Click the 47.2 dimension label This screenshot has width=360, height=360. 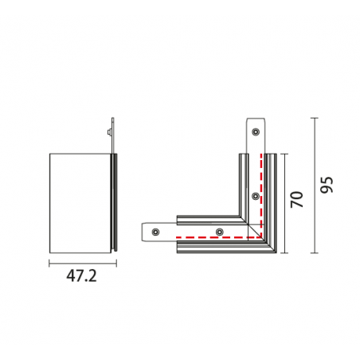click(81, 276)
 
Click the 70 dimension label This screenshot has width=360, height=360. click(296, 199)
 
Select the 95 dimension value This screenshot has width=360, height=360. click(327, 185)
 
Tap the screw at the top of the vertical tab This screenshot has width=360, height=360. click(256, 131)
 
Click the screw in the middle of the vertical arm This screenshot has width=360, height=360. click(256, 196)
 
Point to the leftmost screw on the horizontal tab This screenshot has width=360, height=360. click(156, 232)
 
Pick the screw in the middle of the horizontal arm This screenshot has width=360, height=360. click(219, 232)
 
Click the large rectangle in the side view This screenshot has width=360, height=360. click(80, 203)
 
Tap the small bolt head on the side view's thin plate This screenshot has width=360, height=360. click(109, 132)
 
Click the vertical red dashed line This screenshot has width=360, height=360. click(261, 195)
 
